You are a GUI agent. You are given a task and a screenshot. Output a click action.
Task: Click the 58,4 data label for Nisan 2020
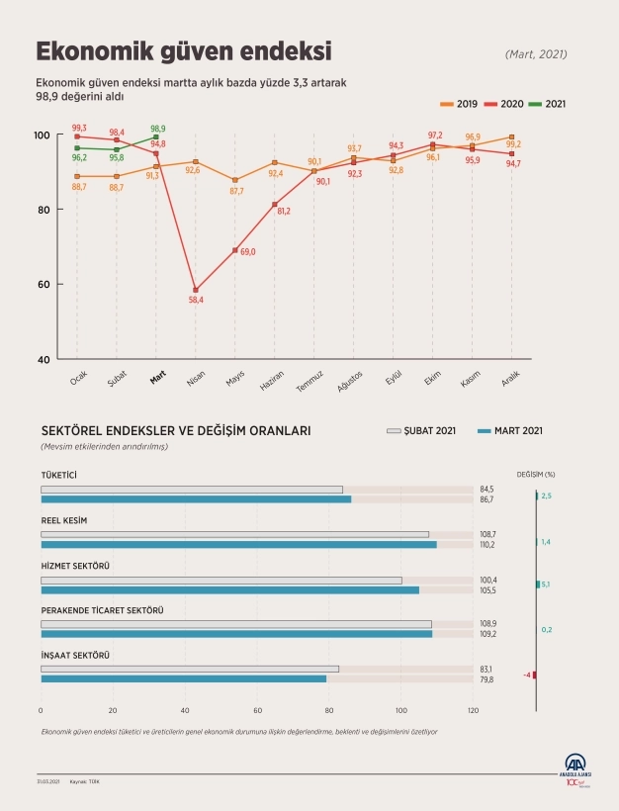(x=196, y=300)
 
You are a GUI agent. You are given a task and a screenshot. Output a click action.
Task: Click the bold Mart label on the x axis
(x=157, y=378)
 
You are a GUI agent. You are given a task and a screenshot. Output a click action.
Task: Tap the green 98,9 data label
(x=157, y=129)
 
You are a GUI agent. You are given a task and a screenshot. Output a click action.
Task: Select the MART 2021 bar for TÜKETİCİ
(x=196, y=499)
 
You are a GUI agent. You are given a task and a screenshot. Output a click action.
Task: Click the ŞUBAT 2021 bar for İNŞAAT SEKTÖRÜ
(x=190, y=669)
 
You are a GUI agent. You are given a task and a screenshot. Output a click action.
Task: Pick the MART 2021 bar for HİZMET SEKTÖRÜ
(x=229, y=589)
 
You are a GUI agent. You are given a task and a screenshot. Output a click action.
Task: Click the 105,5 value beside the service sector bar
(x=486, y=590)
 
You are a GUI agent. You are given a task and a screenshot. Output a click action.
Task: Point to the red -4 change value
(x=528, y=675)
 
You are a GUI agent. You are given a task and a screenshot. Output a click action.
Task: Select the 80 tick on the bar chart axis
(x=329, y=710)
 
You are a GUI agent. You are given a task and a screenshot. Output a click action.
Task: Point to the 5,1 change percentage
(x=546, y=585)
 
